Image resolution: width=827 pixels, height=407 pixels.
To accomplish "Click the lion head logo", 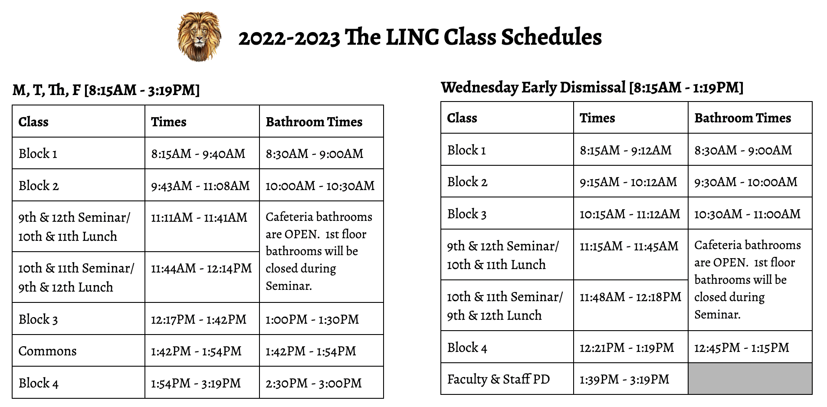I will (199, 36).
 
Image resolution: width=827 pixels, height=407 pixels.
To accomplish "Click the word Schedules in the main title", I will (551, 37).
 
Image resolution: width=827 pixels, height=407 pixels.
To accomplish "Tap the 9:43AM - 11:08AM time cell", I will (200, 186).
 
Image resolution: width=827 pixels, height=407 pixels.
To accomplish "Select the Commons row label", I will (47, 351).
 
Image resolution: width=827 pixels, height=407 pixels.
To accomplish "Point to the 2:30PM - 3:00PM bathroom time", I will (313, 383).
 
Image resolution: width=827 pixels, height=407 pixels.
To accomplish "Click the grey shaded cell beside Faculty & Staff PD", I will (750, 379).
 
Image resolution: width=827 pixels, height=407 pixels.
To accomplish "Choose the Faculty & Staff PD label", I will (498, 379).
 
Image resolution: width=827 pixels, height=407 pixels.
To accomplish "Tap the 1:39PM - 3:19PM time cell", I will (624, 379).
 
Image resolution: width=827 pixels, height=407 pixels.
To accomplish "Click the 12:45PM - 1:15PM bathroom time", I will (742, 348).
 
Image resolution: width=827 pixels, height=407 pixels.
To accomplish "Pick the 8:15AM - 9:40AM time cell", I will (198, 154).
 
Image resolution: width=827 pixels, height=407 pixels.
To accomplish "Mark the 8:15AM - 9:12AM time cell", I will (625, 150).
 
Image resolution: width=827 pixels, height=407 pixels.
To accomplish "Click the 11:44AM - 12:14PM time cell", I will (201, 269).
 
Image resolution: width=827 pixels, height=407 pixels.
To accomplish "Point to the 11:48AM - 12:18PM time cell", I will (630, 297).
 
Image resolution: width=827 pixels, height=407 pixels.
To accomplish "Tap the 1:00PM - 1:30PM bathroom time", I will (312, 319).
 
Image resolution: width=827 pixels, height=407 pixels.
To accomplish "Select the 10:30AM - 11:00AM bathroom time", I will (747, 214).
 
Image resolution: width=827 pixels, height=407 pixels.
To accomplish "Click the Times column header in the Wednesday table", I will (597, 118).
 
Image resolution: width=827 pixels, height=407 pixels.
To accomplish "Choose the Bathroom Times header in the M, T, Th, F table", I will (314, 122).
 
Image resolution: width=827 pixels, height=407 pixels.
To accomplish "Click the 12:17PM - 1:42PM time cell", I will (198, 319).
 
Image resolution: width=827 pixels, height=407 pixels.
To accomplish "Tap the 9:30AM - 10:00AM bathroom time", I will (745, 182).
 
